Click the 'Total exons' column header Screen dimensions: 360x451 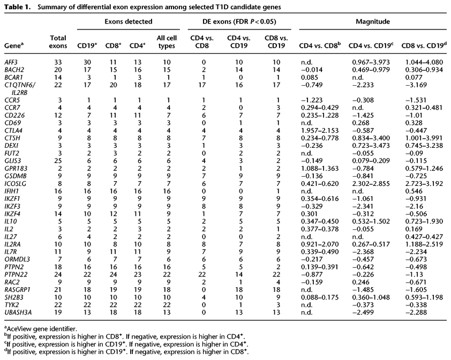(57, 41)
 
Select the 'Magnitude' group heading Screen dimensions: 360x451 (369, 21)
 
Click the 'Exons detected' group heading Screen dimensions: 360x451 (124, 21)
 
